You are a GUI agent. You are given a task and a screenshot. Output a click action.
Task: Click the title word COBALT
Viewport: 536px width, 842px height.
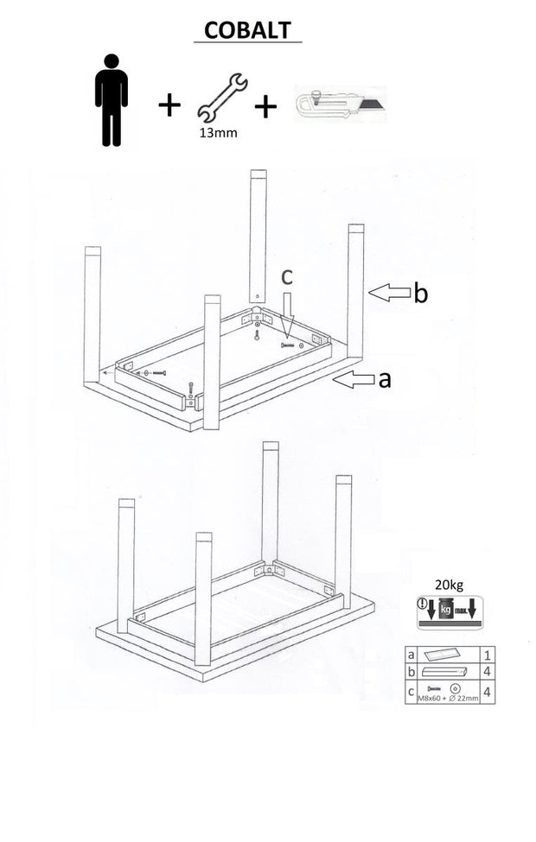point(247,30)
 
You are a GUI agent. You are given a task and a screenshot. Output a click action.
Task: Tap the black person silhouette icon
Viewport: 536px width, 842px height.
point(112,100)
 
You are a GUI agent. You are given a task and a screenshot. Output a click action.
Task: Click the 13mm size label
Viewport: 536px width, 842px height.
point(217,133)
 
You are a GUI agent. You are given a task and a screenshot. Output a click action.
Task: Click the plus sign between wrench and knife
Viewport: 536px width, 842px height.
point(265,106)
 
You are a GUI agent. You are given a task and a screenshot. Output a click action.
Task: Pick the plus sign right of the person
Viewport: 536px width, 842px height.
point(169,105)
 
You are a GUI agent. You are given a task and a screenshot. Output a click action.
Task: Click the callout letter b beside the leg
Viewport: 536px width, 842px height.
point(420,294)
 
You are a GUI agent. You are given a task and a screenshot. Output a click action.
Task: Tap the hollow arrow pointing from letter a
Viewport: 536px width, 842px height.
point(354,379)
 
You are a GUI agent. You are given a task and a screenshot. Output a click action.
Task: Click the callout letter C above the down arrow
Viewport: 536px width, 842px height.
point(288,277)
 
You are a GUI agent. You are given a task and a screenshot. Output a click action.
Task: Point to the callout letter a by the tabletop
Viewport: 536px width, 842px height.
point(385,378)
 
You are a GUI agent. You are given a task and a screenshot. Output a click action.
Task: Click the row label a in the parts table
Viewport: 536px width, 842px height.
point(411,655)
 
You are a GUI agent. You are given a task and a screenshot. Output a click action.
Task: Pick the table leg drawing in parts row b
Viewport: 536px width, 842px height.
point(444,671)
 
